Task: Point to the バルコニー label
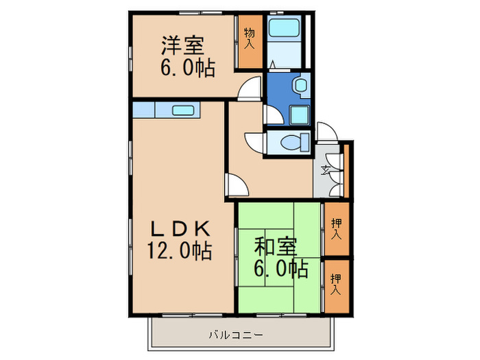point(235,336)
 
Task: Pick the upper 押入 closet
point(336,228)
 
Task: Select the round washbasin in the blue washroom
point(300,84)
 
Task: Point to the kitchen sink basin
point(183,110)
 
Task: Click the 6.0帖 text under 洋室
point(187,68)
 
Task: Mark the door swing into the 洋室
point(251,88)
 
